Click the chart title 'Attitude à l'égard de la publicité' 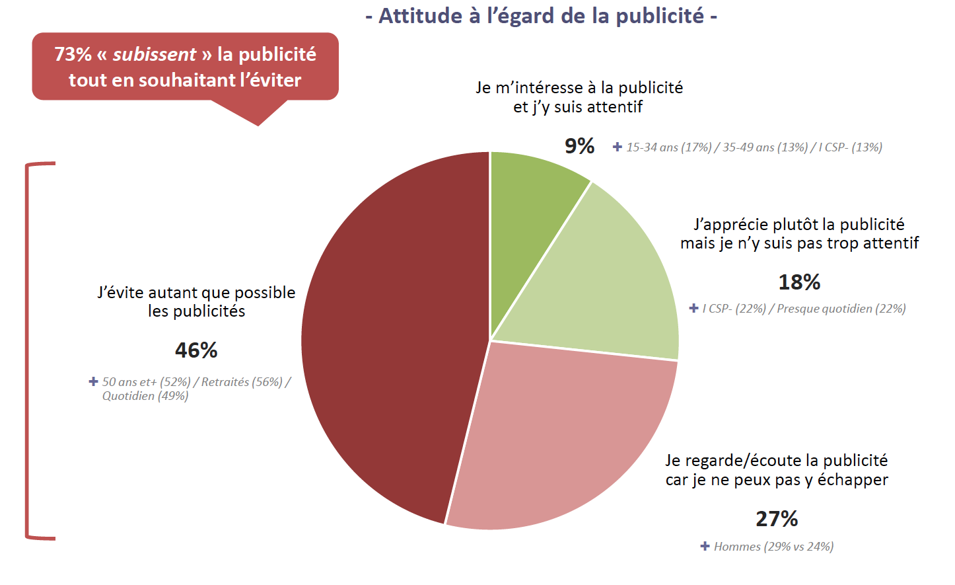point(541,16)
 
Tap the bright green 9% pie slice point(532,192)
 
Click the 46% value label point(196,350)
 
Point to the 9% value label point(579,146)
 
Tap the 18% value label point(799,282)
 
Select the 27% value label point(777,519)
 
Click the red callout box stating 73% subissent point(185,67)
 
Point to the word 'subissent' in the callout point(155,54)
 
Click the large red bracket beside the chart point(28,350)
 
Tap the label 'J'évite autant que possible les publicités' point(196,301)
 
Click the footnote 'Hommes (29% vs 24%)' point(773,547)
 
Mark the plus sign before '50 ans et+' point(94,381)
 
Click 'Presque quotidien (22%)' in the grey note point(841,309)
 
